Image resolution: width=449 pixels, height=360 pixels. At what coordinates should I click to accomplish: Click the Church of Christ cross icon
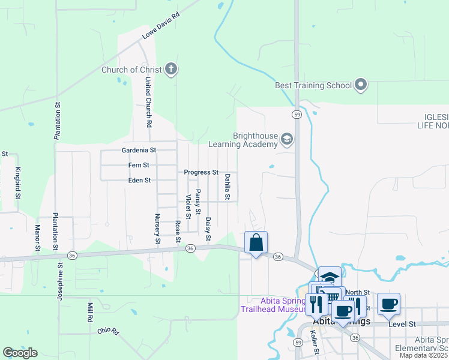point(170,69)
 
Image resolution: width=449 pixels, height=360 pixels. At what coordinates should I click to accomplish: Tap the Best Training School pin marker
point(361,85)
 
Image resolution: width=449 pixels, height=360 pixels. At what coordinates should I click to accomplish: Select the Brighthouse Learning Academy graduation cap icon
point(287,140)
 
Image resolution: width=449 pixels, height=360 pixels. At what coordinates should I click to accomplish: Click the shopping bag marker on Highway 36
point(256,243)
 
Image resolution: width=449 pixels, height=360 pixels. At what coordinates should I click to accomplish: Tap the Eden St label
point(139,180)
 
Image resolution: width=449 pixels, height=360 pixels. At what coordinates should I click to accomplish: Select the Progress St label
point(201,172)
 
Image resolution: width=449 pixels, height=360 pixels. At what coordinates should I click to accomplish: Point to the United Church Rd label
point(147,104)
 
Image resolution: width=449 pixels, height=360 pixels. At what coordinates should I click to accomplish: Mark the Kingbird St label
point(18,183)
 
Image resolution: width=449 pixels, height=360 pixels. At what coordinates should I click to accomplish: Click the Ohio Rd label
point(109,331)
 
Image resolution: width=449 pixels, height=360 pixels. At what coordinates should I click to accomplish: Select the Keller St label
point(315,344)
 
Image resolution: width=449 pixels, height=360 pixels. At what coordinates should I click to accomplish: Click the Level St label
point(402,324)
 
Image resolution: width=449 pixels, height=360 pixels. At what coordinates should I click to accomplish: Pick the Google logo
point(20,353)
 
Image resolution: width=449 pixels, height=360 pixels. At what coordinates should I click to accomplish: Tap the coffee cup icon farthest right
point(388,304)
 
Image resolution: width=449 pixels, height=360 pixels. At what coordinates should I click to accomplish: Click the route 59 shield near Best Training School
point(297,113)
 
